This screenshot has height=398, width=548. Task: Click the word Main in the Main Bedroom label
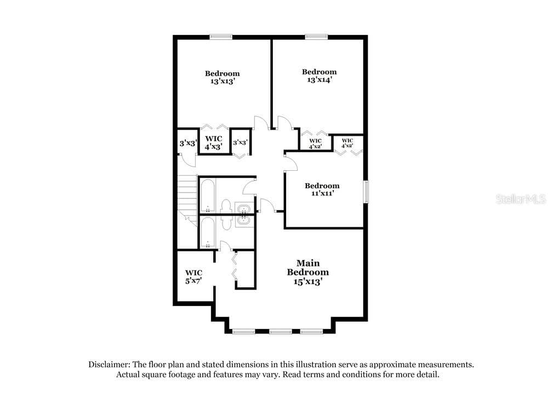[x=308, y=263]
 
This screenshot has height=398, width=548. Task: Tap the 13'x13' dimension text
[x=222, y=82]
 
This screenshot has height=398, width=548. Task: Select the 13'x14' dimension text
[x=319, y=79]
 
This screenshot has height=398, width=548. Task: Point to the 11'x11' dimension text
[x=322, y=193]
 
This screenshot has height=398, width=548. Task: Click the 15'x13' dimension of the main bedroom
[x=307, y=281]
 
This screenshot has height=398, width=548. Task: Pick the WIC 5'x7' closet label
[x=193, y=276]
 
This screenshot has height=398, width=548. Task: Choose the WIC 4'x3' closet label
[x=214, y=143]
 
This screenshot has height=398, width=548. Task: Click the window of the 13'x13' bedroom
[x=221, y=36]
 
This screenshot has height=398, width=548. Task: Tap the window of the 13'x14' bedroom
[x=316, y=36]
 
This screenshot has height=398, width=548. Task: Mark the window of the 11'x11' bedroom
[x=366, y=191]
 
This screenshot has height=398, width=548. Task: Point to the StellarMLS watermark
[x=521, y=199]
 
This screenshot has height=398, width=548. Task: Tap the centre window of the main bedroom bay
[x=281, y=331]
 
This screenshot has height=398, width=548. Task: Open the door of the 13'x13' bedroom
[x=261, y=123]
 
